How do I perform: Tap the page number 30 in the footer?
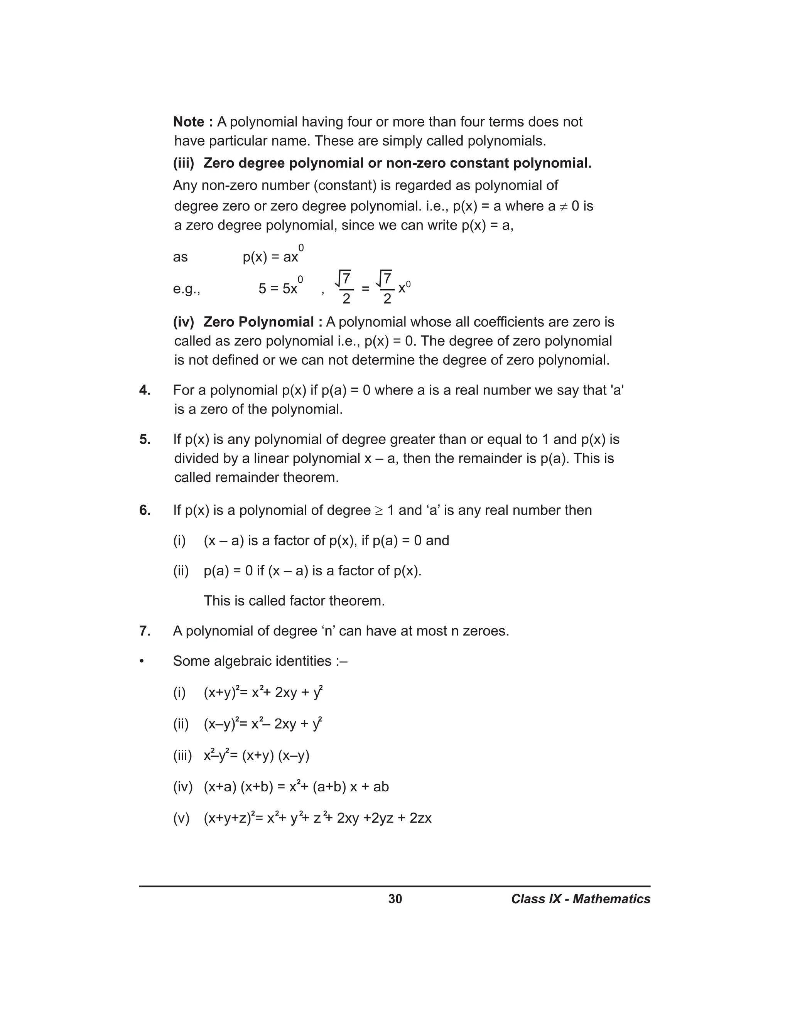click(x=395, y=899)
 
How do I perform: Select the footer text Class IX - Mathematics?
click(x=580, y=899)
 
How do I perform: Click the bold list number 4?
click(x=145, y=390)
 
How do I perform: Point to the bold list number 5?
click(x=145, y=439)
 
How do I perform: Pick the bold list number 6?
click(x=145, y=510)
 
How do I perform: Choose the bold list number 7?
click(x=145, y=631)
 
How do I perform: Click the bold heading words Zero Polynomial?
click(x=258, y=322)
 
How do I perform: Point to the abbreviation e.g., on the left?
click(x=186, y=289)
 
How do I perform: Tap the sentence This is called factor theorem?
click(x=294, y=600)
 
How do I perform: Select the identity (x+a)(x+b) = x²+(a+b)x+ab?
click(x=296, y=787)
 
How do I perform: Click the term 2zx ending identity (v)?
click(x=420, y=818)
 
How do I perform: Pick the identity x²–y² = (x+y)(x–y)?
click(x=257, y=755)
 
